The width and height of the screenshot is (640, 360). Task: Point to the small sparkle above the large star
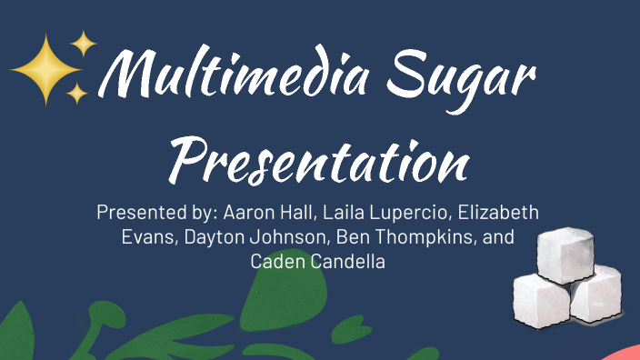tap(84, 42)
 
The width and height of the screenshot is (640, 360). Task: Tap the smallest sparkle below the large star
tap(78, 93)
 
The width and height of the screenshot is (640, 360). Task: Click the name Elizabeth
tap(498, 214)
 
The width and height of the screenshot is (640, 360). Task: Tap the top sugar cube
tap(565, 253)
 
